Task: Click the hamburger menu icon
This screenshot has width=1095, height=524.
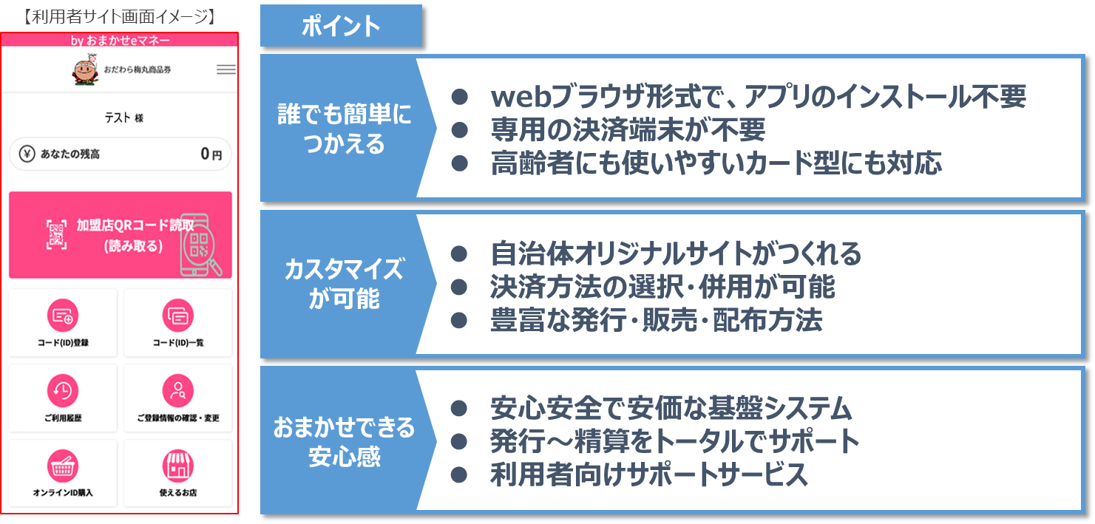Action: (226, 69)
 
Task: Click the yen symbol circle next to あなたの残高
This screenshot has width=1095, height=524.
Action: (27, 154)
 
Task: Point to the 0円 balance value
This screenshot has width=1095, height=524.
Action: (211, 154)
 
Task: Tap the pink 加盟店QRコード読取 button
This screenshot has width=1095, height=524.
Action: (121, 235)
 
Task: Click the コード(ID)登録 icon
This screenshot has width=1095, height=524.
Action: (63, 316)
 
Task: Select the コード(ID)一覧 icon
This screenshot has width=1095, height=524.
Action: (177, 316)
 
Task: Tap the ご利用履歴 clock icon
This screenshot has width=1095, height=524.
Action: (63, 391)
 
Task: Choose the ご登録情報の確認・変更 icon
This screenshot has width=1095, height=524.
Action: (177, 391)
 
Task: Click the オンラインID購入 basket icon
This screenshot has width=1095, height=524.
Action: (63, 466)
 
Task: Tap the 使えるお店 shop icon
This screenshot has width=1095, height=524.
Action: (177, 466)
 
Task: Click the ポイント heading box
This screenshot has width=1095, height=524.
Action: (341, 26)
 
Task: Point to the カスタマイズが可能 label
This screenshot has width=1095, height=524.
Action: (344, 284)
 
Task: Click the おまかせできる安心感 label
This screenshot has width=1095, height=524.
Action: (344, 441)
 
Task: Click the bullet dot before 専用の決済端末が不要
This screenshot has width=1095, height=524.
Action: (460, 130)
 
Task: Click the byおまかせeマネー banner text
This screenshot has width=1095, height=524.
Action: (121, 40)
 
